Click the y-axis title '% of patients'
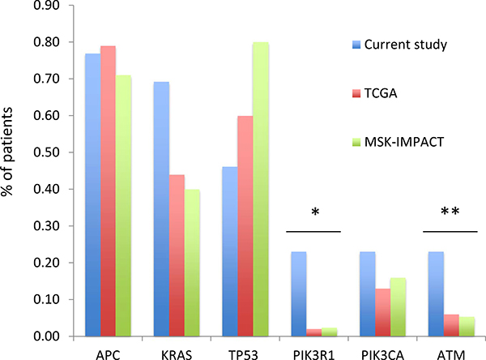point(12,170)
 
